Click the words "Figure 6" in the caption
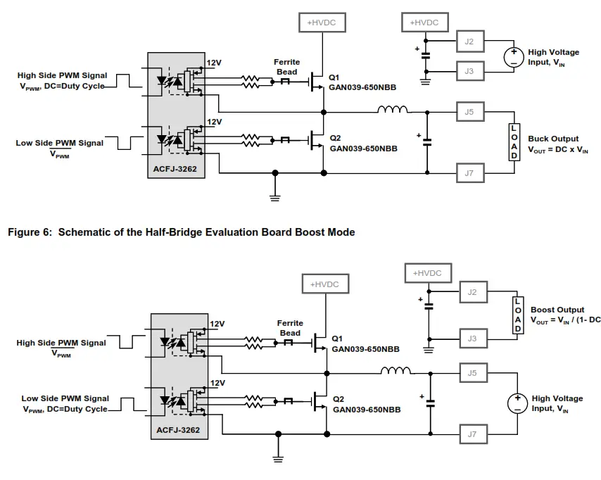[28, 232]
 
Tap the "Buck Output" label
[553, 139]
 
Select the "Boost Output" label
[557, 310]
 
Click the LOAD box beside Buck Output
[514, 141]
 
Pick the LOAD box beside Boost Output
[518, 315]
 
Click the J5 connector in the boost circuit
[472, 373]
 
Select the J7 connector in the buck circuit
[469, 172]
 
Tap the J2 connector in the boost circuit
[472, 291]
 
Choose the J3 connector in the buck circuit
[469, 71]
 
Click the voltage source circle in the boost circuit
[517, 403]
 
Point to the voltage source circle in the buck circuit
[514, 57]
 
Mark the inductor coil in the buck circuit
[393, 110]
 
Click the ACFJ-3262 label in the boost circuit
[178, 430]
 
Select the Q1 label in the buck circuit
[335, 78]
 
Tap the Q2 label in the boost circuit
[339, 398]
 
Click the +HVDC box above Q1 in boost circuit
[324, 284]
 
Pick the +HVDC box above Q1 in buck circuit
[322, 23]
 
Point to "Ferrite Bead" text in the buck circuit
[287, 67]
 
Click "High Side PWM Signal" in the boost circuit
[61, 343]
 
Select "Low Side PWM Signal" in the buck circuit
[59, 143]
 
